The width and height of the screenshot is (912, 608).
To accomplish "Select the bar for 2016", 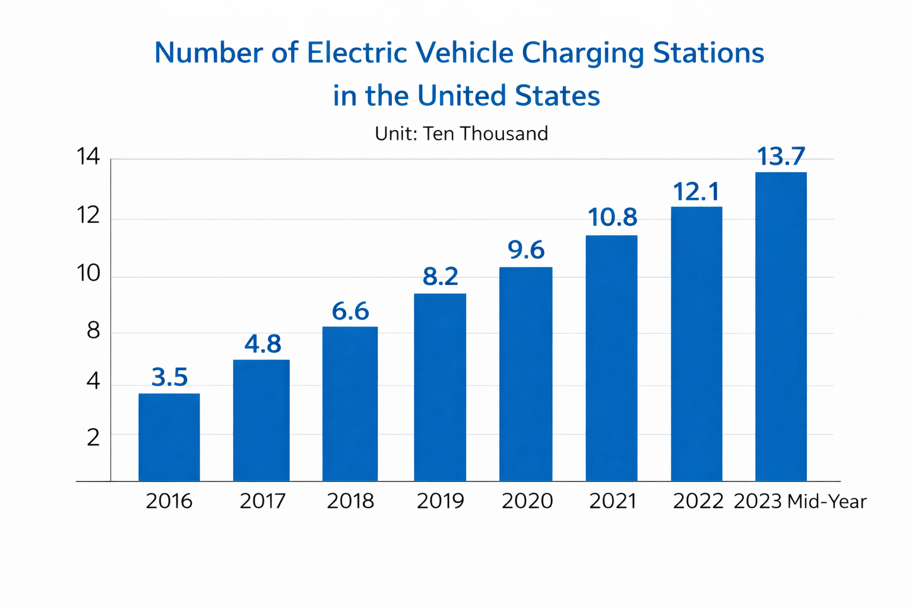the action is click(169, 438).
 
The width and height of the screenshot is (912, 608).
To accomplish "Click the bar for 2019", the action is click(440, 387).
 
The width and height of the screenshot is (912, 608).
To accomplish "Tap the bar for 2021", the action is click(612, 359).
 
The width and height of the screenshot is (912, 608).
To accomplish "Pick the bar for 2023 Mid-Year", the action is click(781, 327).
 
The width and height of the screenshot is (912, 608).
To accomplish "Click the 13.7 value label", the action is click(781, 156).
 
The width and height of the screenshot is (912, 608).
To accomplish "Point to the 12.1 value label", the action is click(696, 192).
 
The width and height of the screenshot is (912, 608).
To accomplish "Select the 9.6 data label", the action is click(526, 249).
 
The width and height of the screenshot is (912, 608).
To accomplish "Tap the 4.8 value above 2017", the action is click(262, 344).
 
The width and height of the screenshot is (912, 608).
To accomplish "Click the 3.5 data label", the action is click(169, 377).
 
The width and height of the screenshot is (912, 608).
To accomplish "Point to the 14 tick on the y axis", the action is click(88, 156).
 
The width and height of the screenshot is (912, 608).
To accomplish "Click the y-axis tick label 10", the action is click(88, 273).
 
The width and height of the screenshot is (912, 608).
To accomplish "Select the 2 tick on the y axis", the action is click(93, 438).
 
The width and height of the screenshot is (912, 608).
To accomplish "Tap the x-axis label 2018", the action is click(350, 501).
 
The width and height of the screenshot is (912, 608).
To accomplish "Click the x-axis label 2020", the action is click(527, 501).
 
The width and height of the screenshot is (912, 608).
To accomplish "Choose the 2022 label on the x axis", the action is click(698, 501).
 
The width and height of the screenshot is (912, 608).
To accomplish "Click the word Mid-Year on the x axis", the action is click(827, 501).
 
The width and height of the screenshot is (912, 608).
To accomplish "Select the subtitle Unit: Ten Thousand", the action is click(461, 134).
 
